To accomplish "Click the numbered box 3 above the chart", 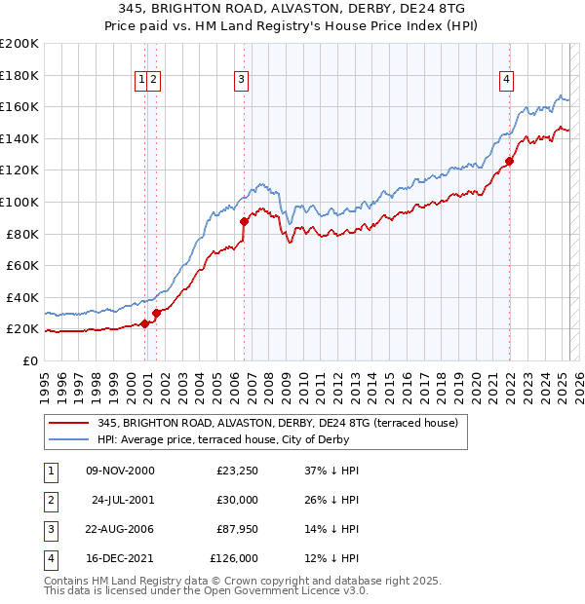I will pos(241,81).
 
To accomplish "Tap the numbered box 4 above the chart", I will pos(507,81).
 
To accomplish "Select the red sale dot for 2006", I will pos(244,221).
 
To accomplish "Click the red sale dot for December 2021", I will pos(509,162).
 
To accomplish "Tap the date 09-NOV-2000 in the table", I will pos(121,472).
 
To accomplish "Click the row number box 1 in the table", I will pos(49,472).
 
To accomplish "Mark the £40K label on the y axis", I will pos(22,297).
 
